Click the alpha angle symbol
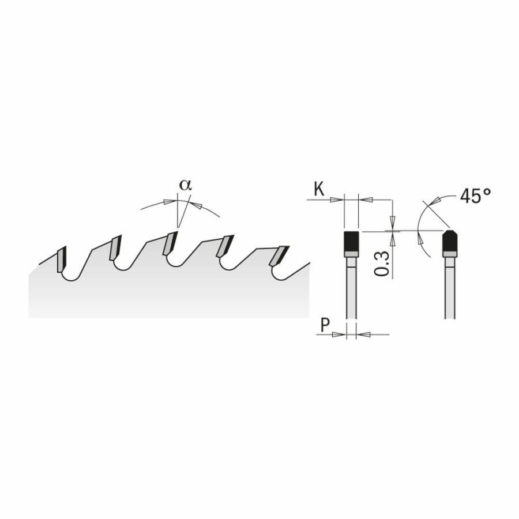(185, 185)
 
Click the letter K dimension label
(319, 189)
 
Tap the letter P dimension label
(325, 325)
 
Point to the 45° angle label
(475, 196)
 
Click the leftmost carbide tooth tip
(62, 259)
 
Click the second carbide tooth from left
(115, 247)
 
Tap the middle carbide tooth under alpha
(171, 243)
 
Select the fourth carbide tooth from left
(225, 246)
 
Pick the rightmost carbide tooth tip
(279, 255)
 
